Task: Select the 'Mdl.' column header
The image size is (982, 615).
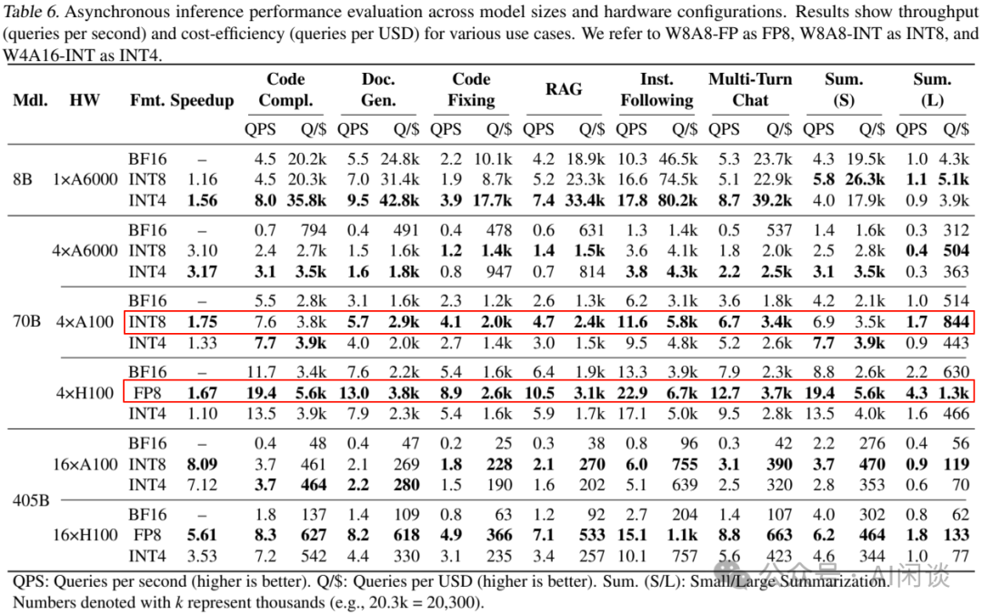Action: point(30,100)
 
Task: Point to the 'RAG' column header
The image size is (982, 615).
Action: point(564,89)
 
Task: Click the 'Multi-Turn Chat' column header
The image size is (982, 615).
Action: point(750,89)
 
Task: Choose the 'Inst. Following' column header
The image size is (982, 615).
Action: point(656,89)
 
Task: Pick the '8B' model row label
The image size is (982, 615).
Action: point(23,179)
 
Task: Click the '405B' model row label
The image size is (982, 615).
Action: point(30,499)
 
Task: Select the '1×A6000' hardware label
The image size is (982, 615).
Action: point(85,179)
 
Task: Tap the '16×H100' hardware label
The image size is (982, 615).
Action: point(85,535)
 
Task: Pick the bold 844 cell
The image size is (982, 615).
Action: point(956,322)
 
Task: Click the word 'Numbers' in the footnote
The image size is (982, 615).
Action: point(42,602)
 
